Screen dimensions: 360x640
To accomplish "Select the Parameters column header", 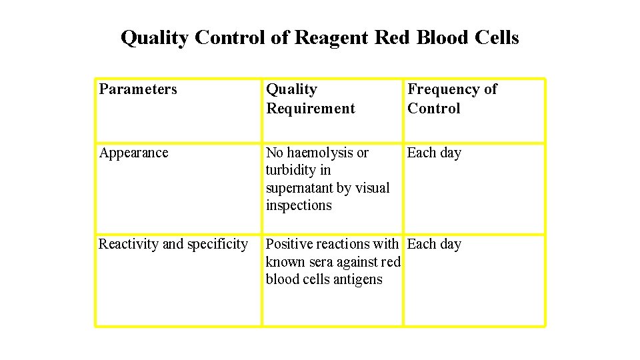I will click(x=138, y=89).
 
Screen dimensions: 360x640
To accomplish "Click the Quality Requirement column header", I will click(x=311, y=99).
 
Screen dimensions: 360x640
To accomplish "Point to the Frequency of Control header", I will click(x=452, y=99).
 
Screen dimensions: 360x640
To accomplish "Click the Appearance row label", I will click(x=133, y=153).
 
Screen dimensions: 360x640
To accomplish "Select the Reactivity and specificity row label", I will click(x=173, y=244).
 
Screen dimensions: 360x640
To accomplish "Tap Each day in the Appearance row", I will click(x=434, y=153).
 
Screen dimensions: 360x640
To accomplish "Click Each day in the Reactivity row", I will click(x=434, y=244).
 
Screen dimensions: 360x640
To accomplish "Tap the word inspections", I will click(x=299, y=205).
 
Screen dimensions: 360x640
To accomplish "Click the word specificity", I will click(x=217, y=244).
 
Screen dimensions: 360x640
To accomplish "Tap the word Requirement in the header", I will click(x=311, y=108).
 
